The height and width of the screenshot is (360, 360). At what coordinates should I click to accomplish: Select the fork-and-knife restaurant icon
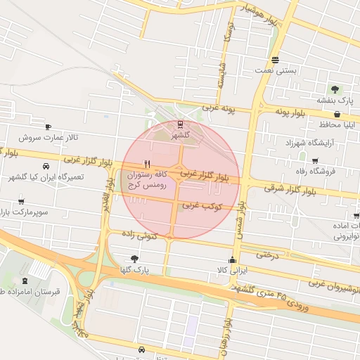pyautogui.click(x=146, y=162)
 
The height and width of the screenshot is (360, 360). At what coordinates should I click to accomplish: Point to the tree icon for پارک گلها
pyautogui.click(x=134, y=259)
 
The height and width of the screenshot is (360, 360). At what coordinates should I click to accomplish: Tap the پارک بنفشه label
pyautogui.click(x=335, y=101)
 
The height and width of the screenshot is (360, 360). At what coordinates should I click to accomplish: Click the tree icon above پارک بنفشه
pyautogui.click(x=335, y=89)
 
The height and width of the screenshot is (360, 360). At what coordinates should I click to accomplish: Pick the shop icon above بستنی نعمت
pyautogui.click(x=275, y=60)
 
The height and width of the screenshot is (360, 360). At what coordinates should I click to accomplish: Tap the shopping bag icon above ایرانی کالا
pyautogui.click(x=233, y=259)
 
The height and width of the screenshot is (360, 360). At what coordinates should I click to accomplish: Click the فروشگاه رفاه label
pyautogui.click(x=314, y=170)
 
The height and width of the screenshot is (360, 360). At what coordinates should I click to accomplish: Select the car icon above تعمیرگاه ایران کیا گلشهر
pyautogui.click(x=46, y=167)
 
